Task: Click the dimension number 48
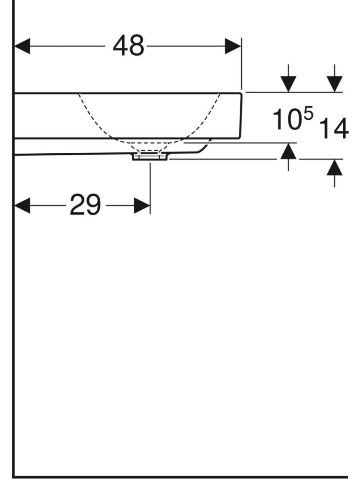128,46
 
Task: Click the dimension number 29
85,205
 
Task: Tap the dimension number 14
334,128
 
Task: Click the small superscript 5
309,114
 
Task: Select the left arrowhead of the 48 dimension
23,46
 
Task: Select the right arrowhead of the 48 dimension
233,46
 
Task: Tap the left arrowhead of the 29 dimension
23,205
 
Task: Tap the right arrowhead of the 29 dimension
142,205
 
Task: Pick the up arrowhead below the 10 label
288,151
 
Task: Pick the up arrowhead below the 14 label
335,167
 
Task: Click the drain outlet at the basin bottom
150,157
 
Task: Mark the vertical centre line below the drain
150,188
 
